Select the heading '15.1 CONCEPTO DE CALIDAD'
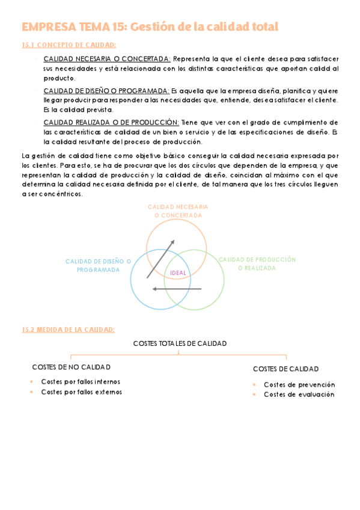click(x=69, y=45)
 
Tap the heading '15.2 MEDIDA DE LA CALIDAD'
click(x=68, y=329)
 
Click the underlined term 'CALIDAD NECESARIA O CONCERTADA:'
click(x=107, y=59)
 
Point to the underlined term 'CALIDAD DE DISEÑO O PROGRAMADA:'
click(x=106, y=91)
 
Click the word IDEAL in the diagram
click(x=178, y=273)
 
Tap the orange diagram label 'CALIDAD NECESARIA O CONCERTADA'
click(x=178, y=210)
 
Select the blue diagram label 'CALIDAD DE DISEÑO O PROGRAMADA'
click(x=99, y=265)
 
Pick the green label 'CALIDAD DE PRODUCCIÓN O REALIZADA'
click(x=257, y=263)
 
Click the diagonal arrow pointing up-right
click(x=161, y=259)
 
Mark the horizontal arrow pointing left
click(x=177, y=289)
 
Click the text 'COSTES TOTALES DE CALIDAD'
click(x=180, y=343)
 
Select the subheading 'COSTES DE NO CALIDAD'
click(x=71, y=367)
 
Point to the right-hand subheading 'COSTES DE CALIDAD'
click(x=285, y=369)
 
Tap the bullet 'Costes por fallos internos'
click(x=81, y=381)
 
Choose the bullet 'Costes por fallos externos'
click(x=81, y=392)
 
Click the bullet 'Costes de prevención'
click(x=299, y=384)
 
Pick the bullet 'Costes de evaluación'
click(x=299, y=395)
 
